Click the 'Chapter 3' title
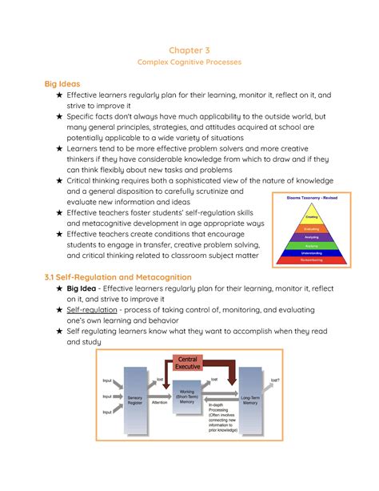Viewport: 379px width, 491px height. click(189, 50)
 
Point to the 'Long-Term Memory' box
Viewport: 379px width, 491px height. click(249, 400)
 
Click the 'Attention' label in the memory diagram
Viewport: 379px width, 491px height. click(158, 404)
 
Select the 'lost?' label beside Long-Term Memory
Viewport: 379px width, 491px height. click(275, 380)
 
